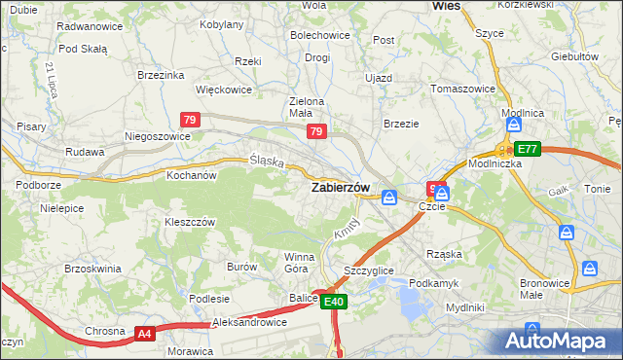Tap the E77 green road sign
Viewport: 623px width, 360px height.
527,149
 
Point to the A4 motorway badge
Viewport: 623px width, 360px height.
145,334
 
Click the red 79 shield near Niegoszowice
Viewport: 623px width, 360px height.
191,120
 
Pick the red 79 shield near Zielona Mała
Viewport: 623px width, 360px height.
315,130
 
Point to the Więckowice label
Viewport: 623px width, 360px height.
224,90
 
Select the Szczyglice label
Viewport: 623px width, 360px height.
369,270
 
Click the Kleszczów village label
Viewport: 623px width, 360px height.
189,222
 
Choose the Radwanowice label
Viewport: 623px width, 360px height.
90,26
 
